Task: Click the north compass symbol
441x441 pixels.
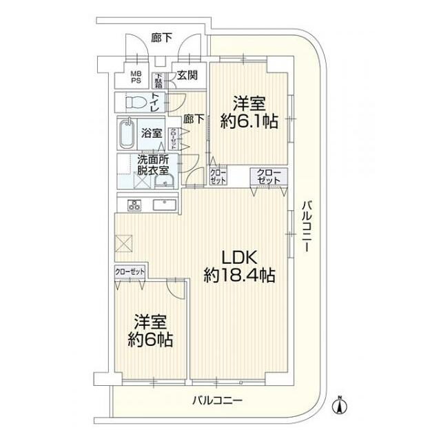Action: (339, 406)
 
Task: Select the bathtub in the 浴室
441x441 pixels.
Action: (127, 134)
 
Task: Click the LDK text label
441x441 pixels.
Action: (238, 258)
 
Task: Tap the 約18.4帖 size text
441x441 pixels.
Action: (239, 276)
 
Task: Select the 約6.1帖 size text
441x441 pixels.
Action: (249, 121)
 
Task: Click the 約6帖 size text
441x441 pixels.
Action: (149, 339)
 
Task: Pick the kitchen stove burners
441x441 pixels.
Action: (134, 204)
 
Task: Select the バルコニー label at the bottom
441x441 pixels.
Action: (216, 400)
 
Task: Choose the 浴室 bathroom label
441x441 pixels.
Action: (152, 132)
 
